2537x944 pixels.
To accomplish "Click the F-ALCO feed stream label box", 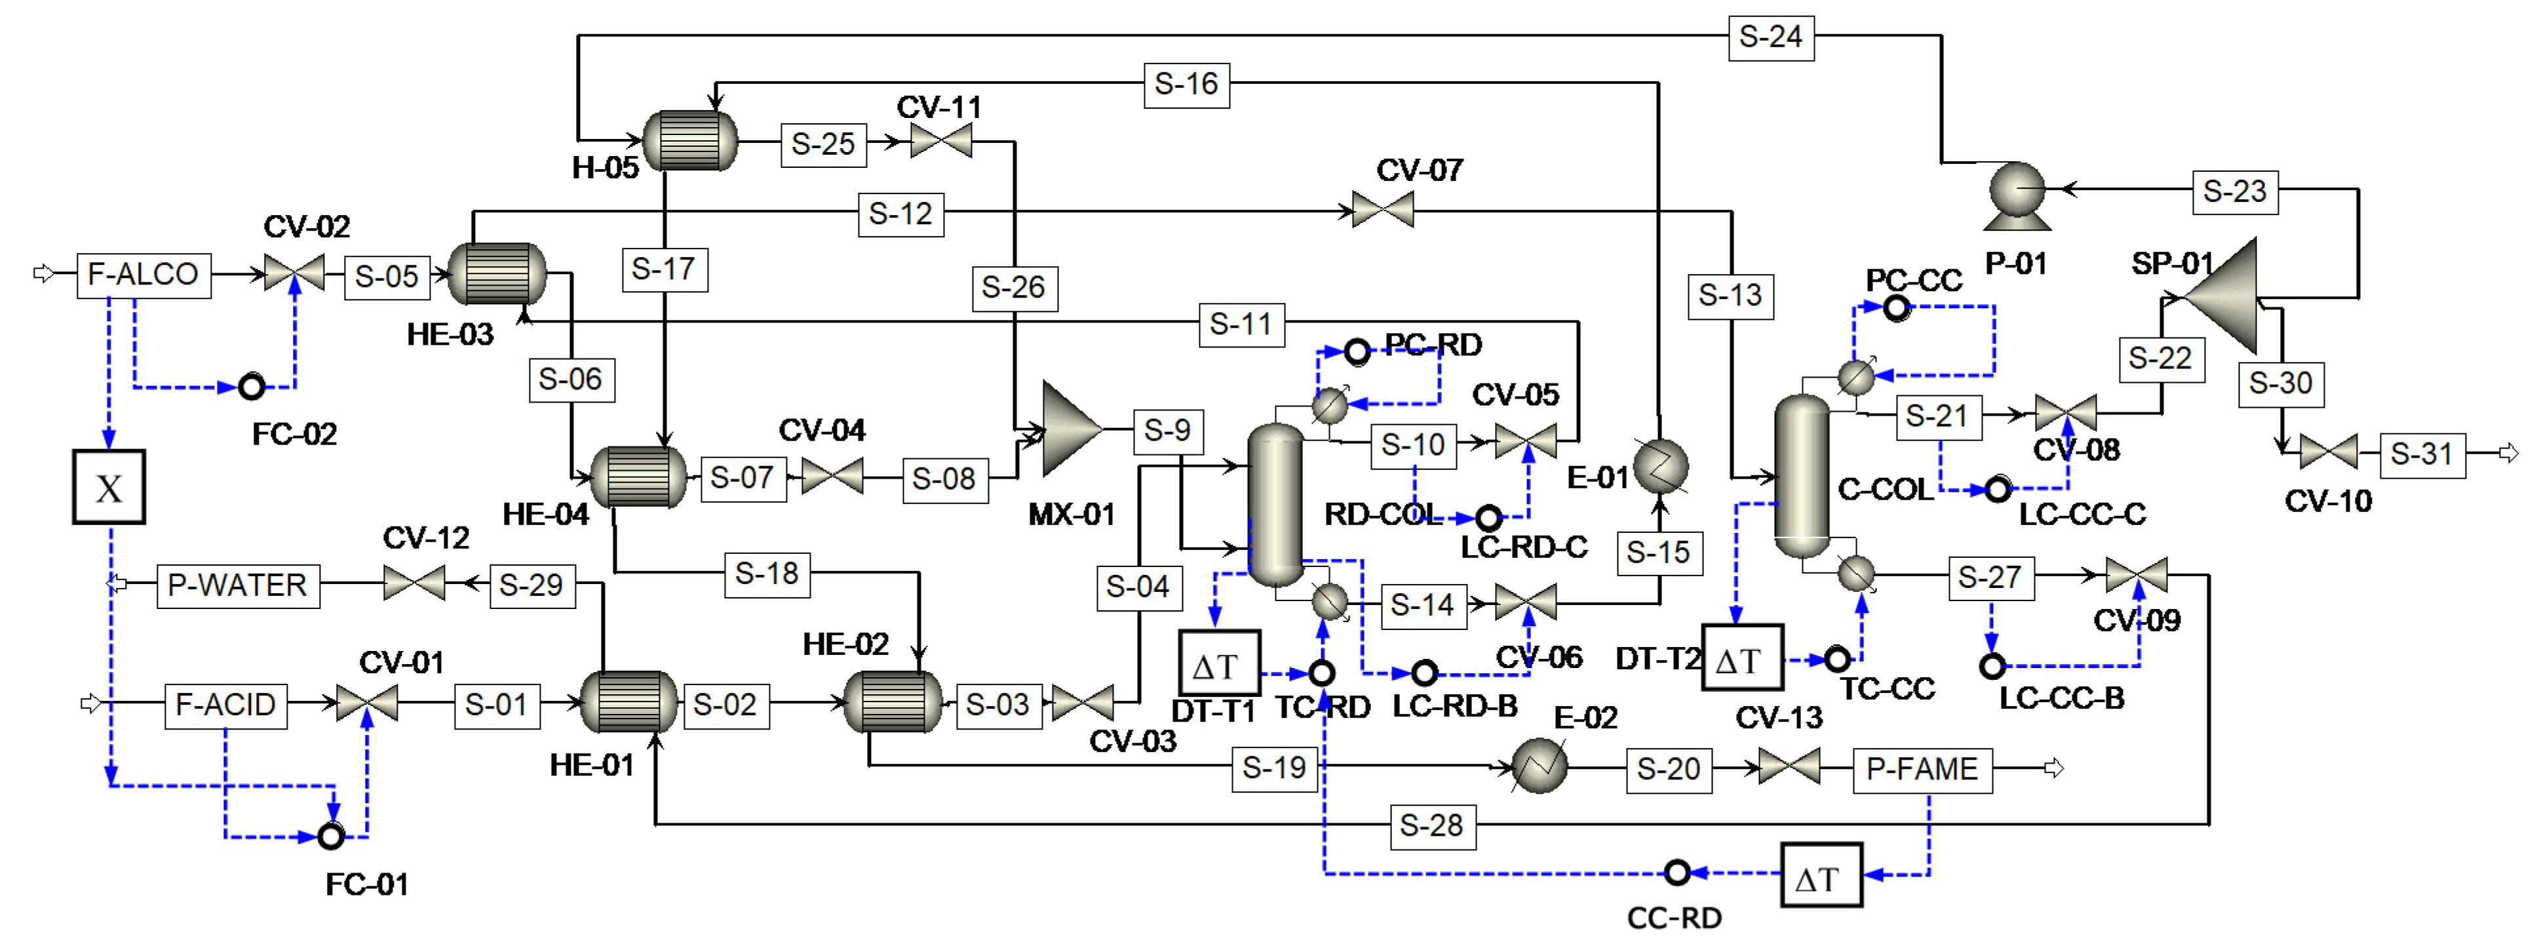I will (144, 274).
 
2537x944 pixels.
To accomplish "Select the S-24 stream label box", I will (1770, 37).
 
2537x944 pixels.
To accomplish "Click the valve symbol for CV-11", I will (940, 142).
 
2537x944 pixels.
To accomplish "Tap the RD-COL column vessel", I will (1275, 505).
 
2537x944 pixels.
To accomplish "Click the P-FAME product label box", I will (1922, 768).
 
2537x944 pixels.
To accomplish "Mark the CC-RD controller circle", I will (1677, 872).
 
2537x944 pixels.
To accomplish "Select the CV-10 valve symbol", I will (2328, 452).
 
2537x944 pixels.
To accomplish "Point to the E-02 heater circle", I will (1540, 766).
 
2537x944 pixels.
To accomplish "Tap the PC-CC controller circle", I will (1896, 307).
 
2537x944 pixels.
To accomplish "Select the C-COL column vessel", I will (1801, 477).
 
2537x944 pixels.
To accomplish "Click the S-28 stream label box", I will (1431, 826).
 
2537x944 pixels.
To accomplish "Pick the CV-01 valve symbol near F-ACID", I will (366, 703).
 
